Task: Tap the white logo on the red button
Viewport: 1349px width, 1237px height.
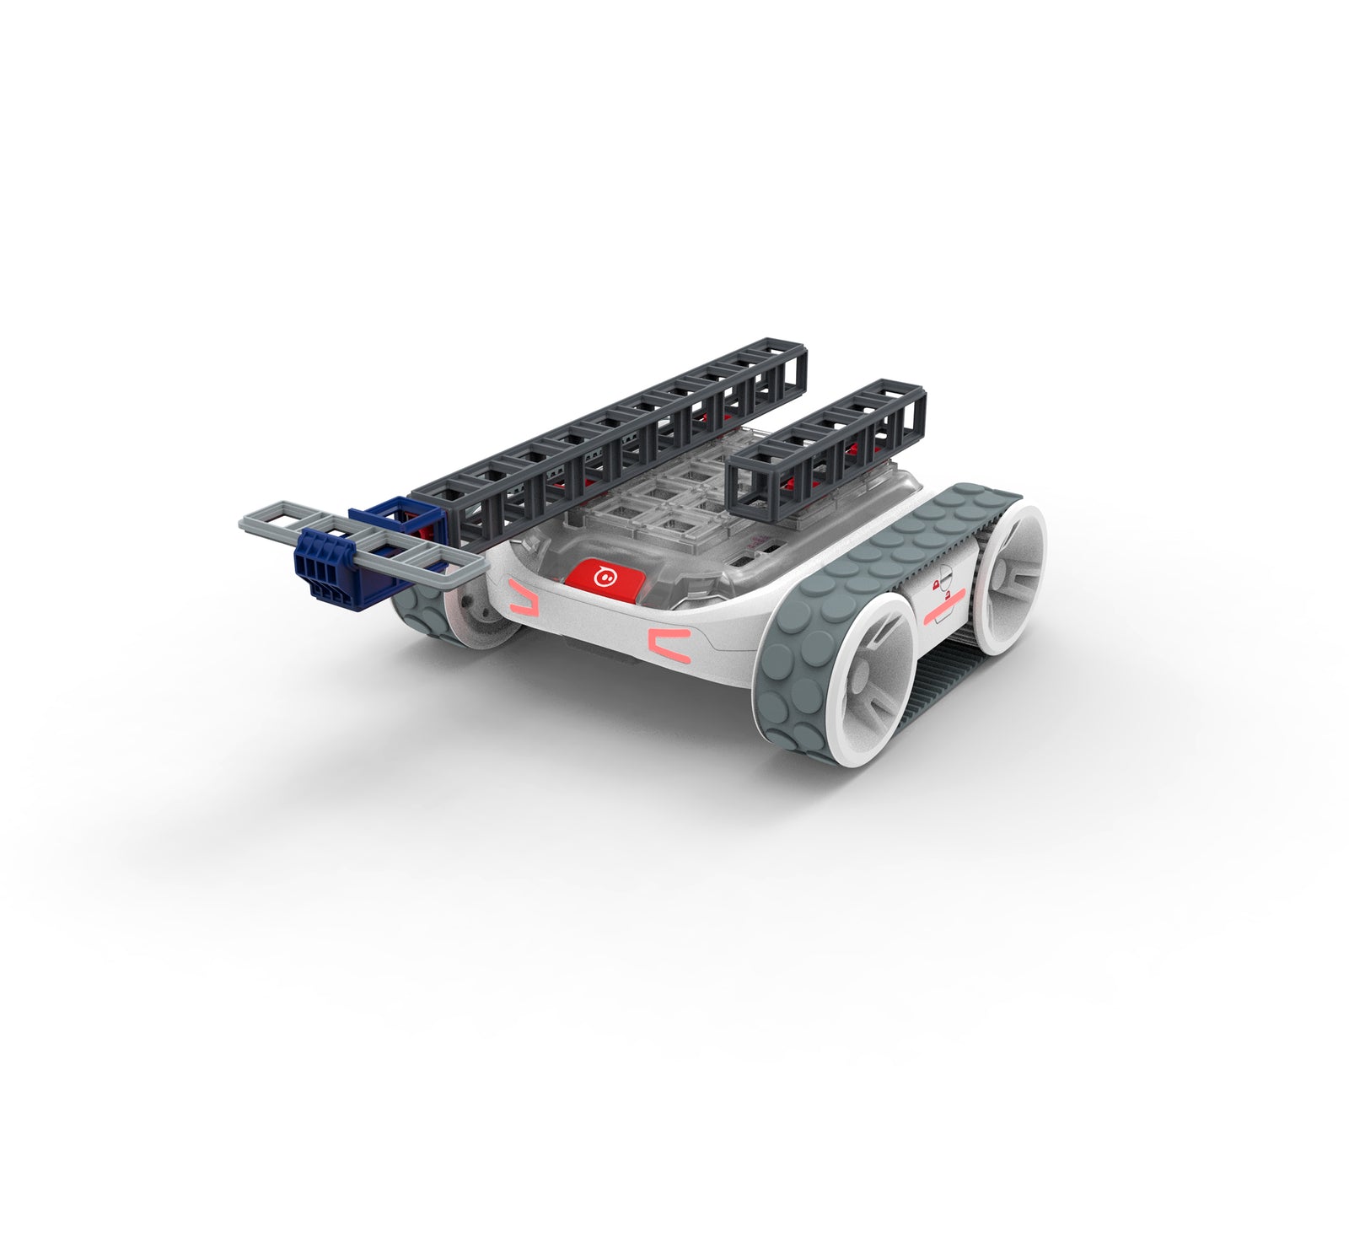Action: (x=604, y=578)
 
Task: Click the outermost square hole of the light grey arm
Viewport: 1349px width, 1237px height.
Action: (x=266, y=519)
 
